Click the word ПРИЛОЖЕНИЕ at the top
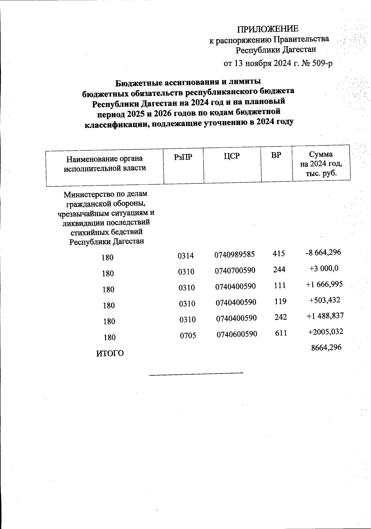click(x=268, y=29)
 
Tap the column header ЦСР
click(x=232, y=156)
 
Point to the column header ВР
click(x=276, y=156)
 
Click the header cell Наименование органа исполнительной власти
click(x=105, y=164)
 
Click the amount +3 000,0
click(x=324, y=268)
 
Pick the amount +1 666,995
click(x=324, y=284)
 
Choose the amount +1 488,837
click(x=325, y=316)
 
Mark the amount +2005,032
click(x=326, y=332)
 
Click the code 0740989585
click(x=235, y=255)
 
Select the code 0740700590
click(x=235, y=271)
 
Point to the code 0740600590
click(x=237, y=335)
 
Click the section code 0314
click(x=186, y=256)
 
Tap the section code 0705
click(x=188, y=335)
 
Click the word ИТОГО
click(x=110, y=354)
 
